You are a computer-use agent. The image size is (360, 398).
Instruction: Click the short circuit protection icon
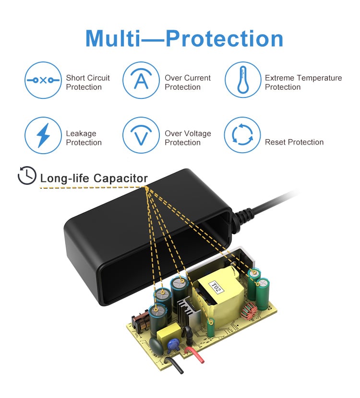(x=43, y=80)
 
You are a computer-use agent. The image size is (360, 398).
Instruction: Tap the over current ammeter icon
(x=141, y=80)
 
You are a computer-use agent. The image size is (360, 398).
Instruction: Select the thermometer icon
(x=243, y=80)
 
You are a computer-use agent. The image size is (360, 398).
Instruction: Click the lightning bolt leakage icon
(x=43, y=135)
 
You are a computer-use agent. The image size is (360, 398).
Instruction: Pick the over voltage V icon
(x=141, y=135)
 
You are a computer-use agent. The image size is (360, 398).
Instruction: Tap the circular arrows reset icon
(x=242, y=135)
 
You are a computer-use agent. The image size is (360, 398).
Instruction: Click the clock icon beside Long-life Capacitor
(x=27, y=175)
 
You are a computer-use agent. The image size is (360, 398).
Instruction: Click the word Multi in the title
(x=113, y=38)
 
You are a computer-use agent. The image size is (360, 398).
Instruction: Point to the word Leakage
(x=81, y=134)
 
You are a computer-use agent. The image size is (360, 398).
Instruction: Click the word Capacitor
(x=121, y=179)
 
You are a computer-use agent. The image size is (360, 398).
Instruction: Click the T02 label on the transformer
(x=216, y=287)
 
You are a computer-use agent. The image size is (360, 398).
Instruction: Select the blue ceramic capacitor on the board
(x=173, y=344)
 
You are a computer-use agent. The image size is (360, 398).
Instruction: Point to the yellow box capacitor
(x=168, y=333)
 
